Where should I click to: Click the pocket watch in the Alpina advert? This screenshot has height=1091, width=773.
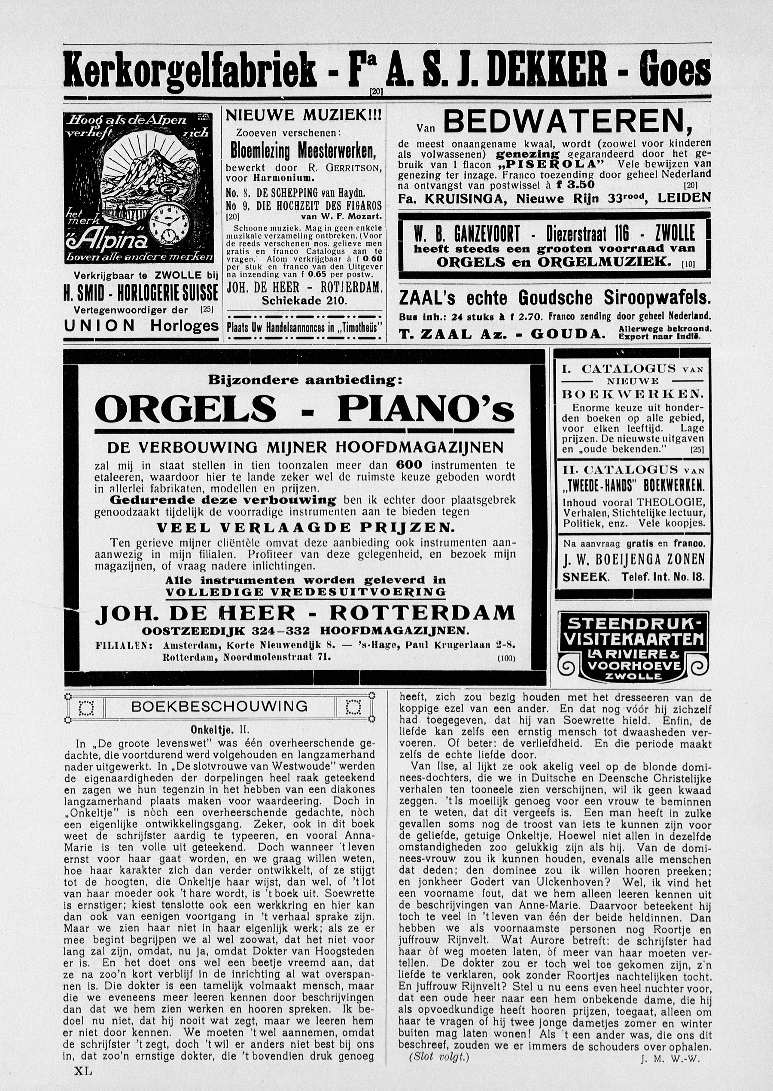(170, 219)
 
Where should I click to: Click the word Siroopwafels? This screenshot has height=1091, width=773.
(657, 298)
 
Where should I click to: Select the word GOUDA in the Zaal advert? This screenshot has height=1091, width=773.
(568, 334)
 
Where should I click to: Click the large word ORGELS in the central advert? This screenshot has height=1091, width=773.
(186, 409)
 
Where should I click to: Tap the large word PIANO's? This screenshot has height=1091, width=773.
(426, 409)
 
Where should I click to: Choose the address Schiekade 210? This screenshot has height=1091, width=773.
(304, 301)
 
